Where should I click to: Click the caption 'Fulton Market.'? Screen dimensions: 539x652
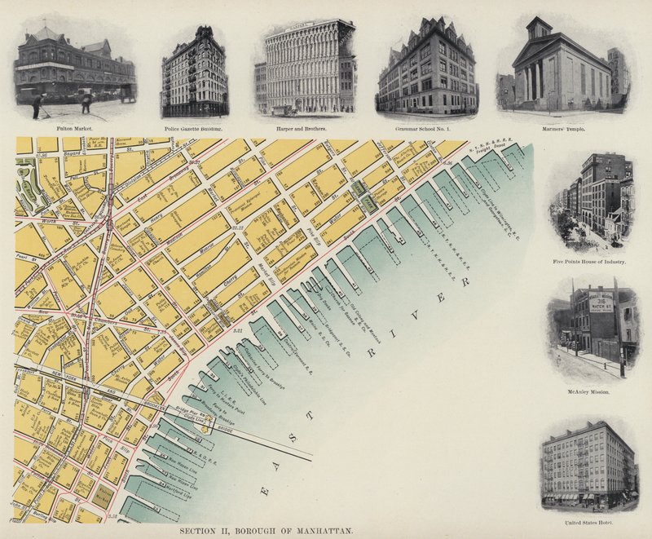74,128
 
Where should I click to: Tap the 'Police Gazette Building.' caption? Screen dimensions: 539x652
194,129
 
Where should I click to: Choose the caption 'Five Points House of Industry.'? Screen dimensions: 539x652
588,262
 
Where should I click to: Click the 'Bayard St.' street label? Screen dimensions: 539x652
75,152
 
